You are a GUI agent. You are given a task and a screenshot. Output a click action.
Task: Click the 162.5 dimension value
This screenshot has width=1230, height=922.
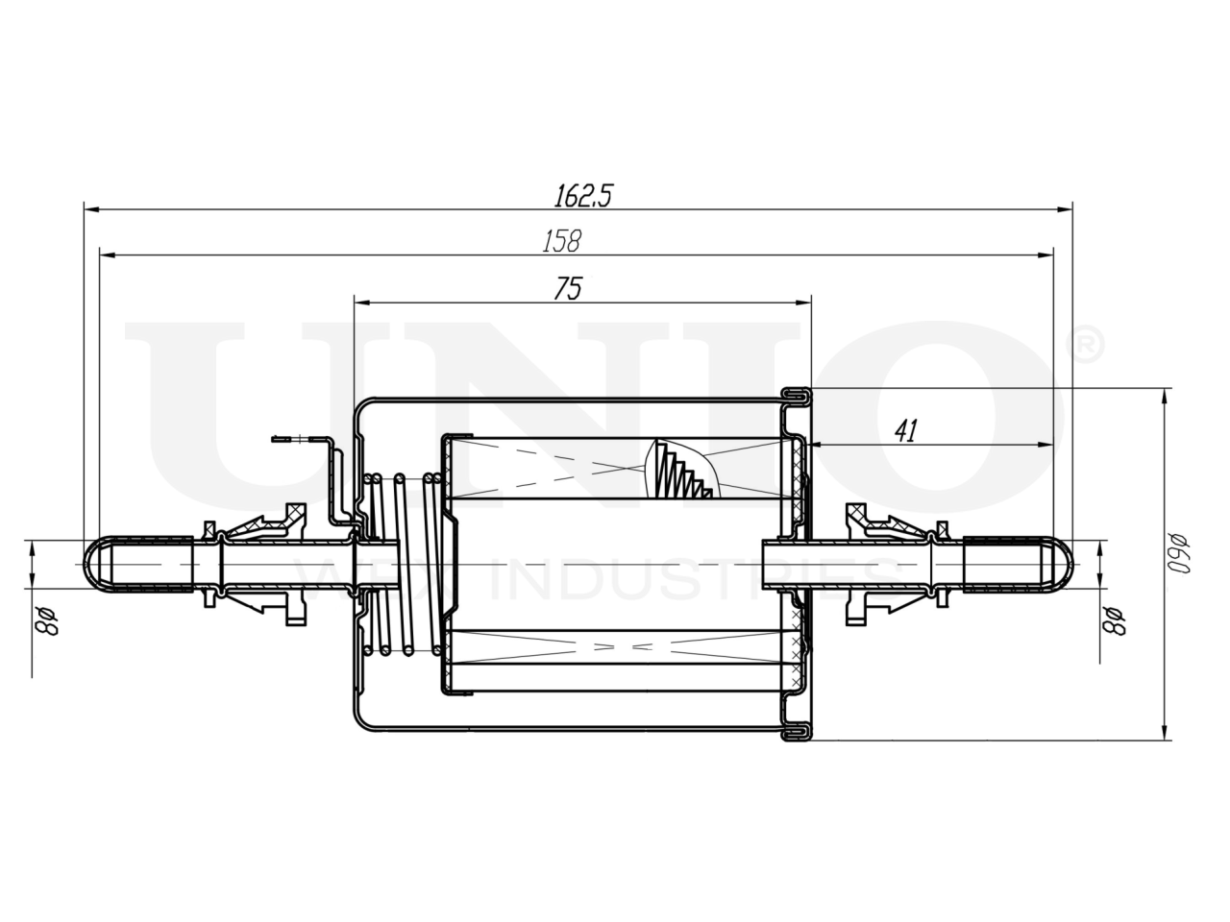point(582,196)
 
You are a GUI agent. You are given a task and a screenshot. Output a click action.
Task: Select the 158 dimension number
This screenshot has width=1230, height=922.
point(561,242)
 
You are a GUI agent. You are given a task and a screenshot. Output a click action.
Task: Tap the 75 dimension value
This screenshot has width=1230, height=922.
point(567,289)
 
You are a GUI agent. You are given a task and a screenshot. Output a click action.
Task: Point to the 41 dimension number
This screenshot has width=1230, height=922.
point(904,431)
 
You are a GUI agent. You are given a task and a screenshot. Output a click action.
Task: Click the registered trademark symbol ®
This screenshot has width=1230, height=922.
point(1087,347)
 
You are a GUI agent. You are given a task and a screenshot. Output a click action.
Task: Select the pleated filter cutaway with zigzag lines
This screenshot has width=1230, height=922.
point(683,471)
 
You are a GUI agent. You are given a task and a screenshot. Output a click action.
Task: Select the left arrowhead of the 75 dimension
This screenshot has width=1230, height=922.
point(360,301)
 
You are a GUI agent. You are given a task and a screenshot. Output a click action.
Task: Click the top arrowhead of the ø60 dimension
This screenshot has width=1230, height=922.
point(1166,395)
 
